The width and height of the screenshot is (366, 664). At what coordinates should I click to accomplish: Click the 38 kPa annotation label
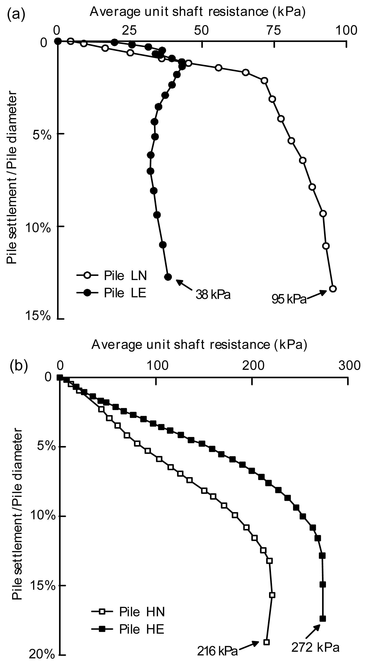pyautogui.click(x=213, y=295)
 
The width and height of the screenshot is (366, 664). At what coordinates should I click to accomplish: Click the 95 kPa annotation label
pyautogui.click(x=289, y=299)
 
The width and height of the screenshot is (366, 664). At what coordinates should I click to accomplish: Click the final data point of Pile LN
pyautogui.click(x=333, y=289)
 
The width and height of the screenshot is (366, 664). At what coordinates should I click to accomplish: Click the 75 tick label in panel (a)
pyautogui.click(x=274, y=31)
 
